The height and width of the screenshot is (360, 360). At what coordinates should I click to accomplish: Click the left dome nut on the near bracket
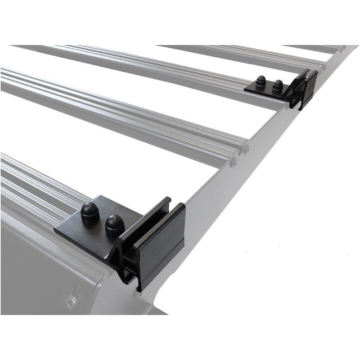tap(90, 213)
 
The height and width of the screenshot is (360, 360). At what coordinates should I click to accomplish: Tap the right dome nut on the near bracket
tap(115, 225)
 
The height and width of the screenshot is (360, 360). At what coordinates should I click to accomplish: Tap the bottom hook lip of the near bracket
tap(139, 285)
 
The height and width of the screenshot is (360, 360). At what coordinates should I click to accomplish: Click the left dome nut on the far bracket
tap(261, 81)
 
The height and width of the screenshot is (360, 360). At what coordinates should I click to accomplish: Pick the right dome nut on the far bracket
tap(278, 85)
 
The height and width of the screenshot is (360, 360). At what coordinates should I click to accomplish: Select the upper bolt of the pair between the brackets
tap(246, 149)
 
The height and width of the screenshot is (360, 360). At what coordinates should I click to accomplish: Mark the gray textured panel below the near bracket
tap(35, 267)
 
